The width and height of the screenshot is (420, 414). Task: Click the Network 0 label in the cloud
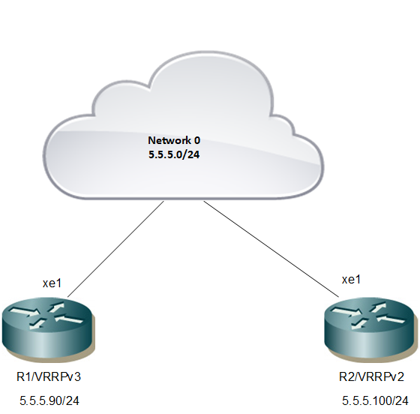point(174,140)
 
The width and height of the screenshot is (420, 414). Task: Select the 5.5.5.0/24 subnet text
point(174,154)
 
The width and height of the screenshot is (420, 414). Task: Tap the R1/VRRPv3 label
point(49,376)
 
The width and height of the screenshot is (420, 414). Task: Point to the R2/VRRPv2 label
point(371,376)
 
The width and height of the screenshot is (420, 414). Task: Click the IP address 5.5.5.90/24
point(49,401)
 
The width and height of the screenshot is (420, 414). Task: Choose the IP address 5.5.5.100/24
point(375,401)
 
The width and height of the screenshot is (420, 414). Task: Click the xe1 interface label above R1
point(52,283)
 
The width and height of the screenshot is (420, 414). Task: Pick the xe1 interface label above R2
point(352,280)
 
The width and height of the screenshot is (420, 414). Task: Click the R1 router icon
point(49,328)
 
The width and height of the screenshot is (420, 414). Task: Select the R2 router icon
point(371,328)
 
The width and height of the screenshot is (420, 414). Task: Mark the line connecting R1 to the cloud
point(115,249)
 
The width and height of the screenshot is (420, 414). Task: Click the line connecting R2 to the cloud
point(271,249)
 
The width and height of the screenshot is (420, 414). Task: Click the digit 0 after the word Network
point(196,140)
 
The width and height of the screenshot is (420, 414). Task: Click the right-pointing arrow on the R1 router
point(25,312)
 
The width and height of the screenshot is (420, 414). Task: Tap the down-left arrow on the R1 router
point(37,323)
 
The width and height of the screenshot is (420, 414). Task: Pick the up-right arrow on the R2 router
point(378,307)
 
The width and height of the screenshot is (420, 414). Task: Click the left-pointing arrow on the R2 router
point(391,319)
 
